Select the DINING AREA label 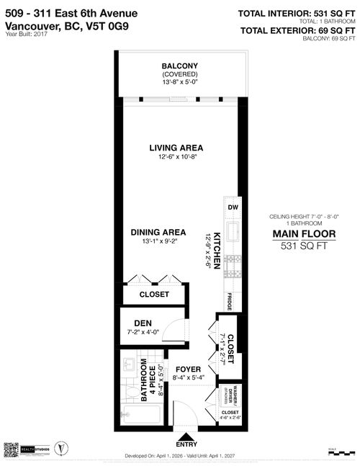158,232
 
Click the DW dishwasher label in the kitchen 233,207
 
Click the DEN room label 143,323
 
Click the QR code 11,448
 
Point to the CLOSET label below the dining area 154,295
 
